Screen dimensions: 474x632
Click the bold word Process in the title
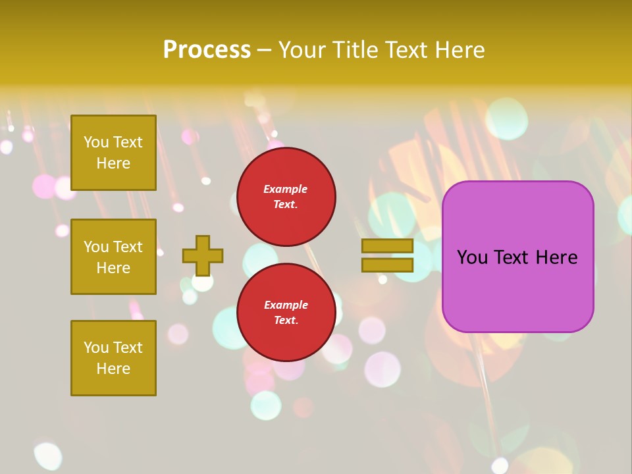click(207, 50)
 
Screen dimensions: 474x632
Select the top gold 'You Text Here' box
click(113, 153)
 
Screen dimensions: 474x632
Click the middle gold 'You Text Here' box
click(113, 257)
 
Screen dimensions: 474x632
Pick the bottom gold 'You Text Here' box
click(113, 358)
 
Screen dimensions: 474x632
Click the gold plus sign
click(203, 255)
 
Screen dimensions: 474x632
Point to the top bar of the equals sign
click(387, 246)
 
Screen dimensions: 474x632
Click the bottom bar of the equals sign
click(387, 265)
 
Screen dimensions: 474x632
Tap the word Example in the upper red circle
click(286, 189)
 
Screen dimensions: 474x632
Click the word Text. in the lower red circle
click(286, 321)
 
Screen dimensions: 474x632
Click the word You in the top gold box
click(96, 142)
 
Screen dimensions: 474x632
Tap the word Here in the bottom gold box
click(113, 369)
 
